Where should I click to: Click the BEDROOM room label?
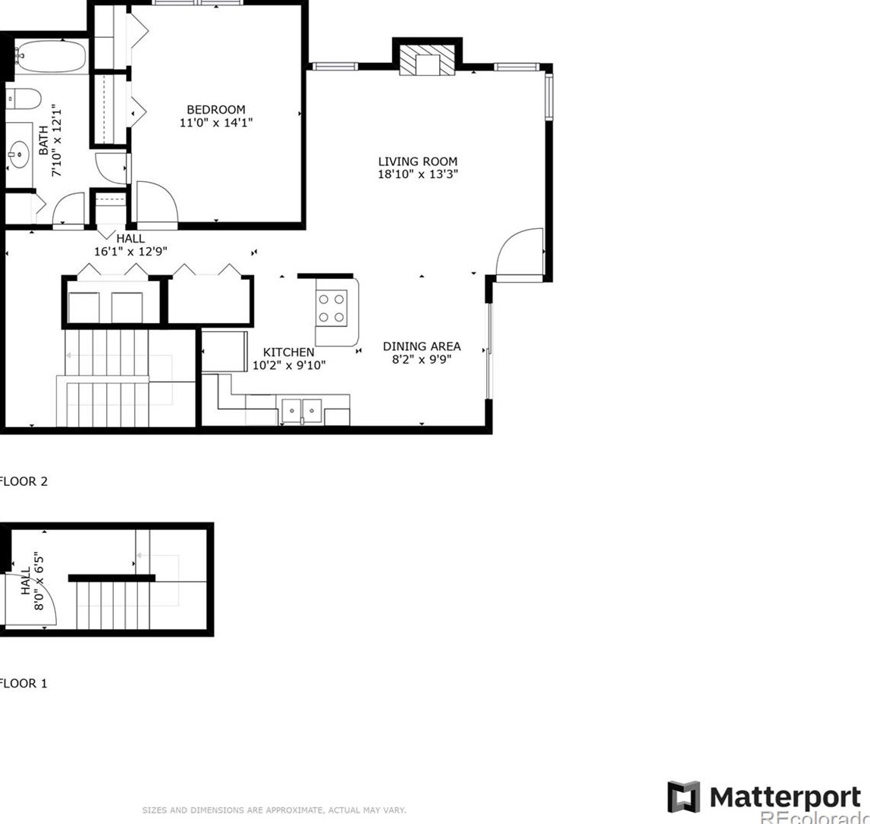[216, 110]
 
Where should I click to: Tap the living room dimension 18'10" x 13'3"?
[418, 174]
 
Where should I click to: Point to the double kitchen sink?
[302, 411]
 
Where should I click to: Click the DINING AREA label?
[421, 346]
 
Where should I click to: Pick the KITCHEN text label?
[288, 352]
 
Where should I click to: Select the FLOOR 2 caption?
[24, 481]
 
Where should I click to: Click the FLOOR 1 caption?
[24, 683]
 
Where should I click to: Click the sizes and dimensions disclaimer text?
[274, 810]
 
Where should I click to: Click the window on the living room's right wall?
[548, 96]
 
